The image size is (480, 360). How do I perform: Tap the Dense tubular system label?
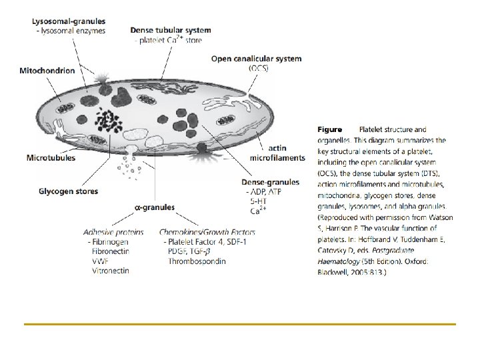[x=171, y=30]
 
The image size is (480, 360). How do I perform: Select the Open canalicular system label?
[x=256, y=59]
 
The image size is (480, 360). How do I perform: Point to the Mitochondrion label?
[x=47, y=69]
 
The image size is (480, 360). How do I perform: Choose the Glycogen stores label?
[x=68, y=191]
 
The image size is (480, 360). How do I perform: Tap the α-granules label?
[x=155, y=207]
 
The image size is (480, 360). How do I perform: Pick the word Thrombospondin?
[x=197, y=261]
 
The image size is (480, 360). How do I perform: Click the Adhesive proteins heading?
[x=113, y=232]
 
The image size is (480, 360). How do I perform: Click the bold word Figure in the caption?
[x=329, y=129]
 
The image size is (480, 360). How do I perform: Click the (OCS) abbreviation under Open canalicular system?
[x=259, y=68]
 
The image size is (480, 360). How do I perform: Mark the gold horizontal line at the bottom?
[x=239, y=324]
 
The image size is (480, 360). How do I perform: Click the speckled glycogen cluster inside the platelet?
[x=107, y=120]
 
